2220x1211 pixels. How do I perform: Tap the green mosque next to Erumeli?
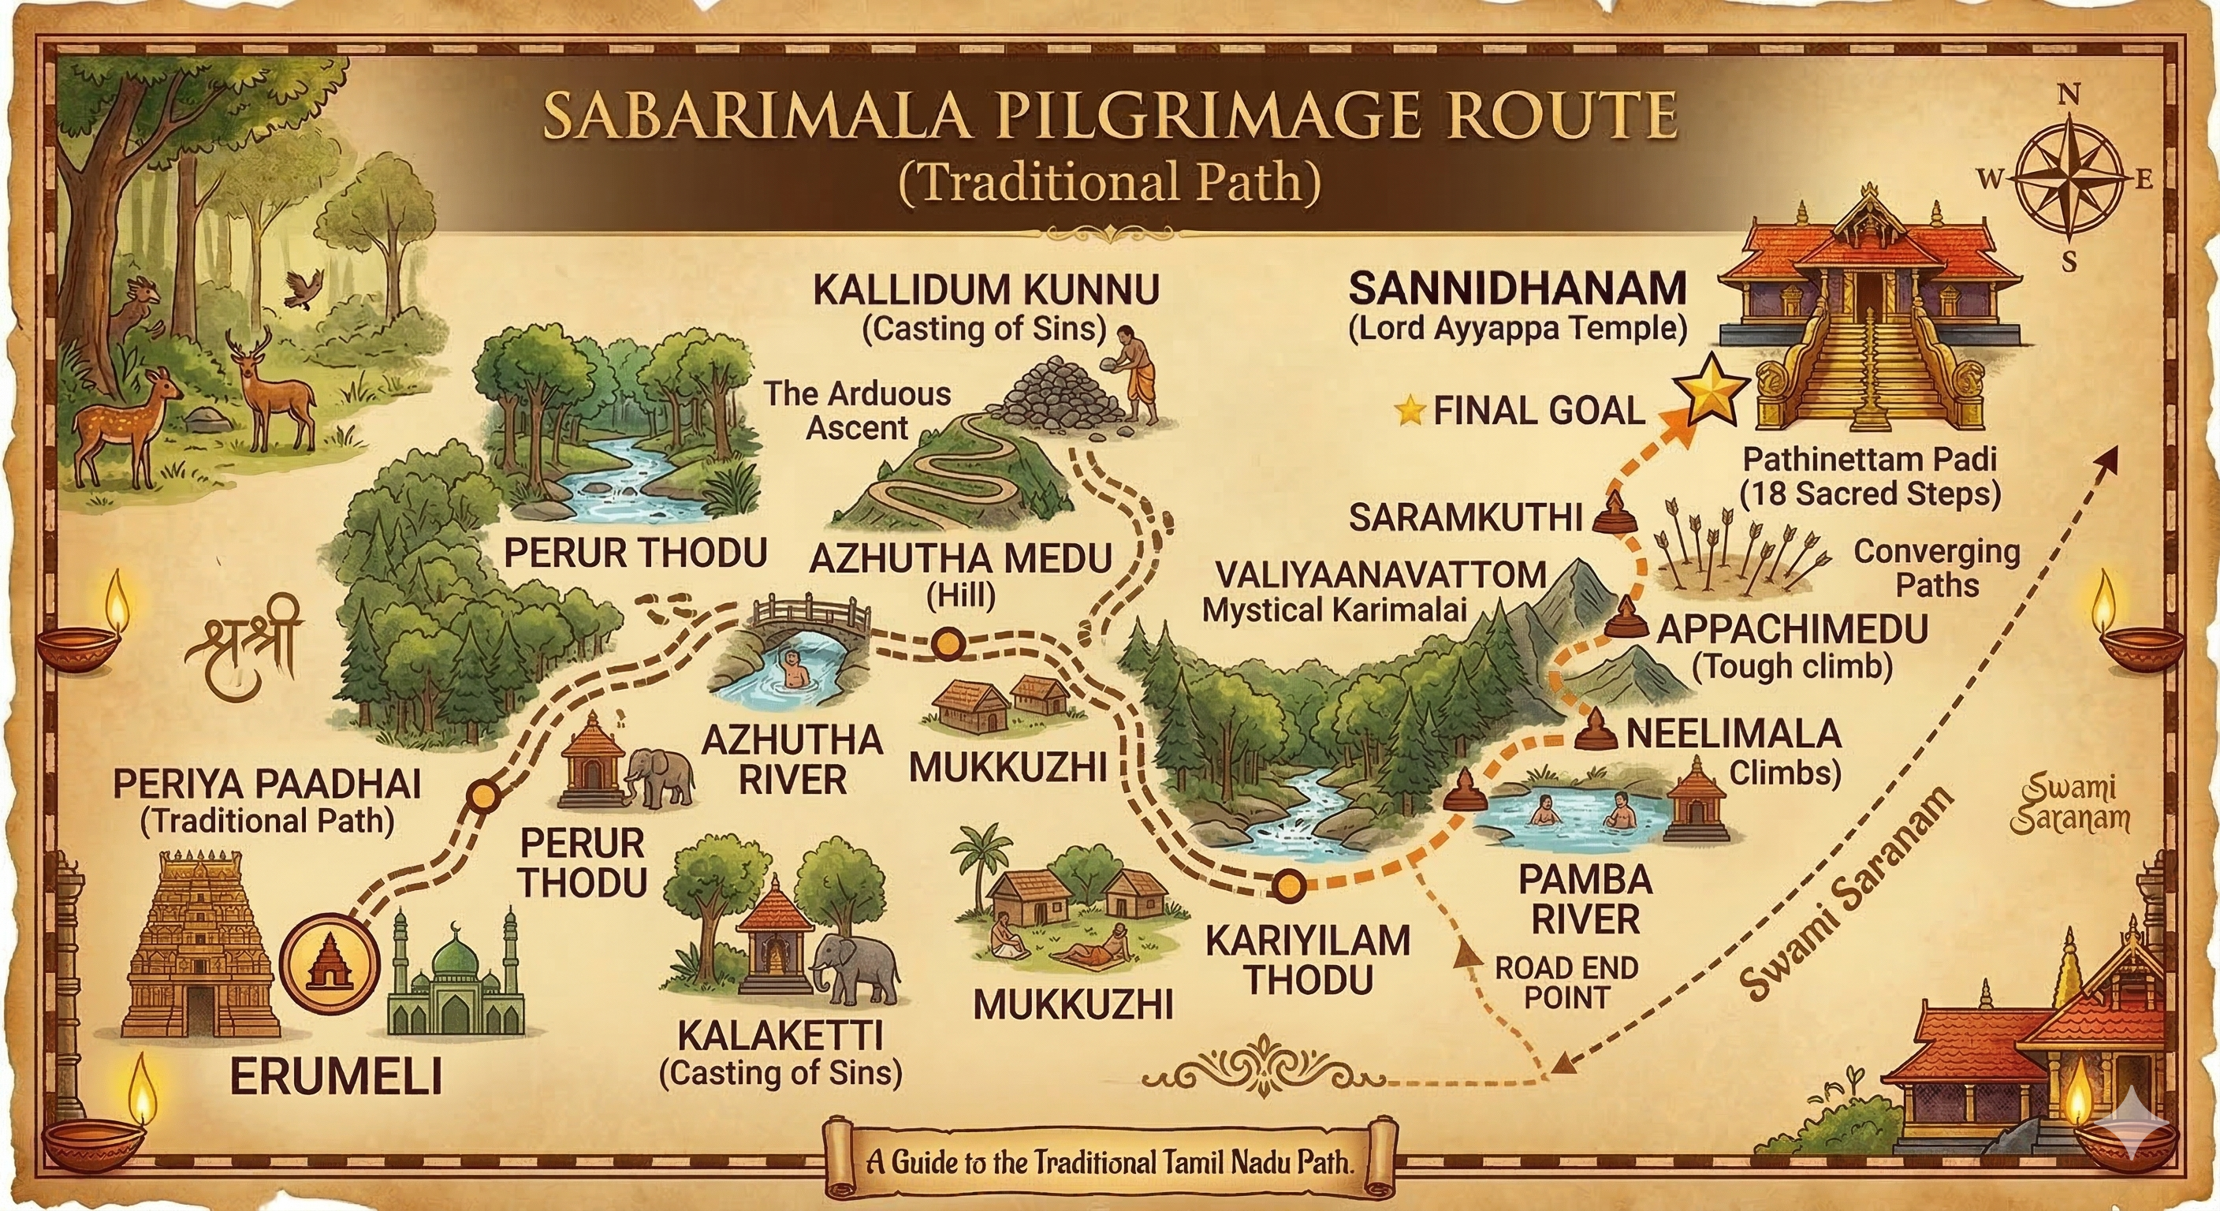pos(456,982)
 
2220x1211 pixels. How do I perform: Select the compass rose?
pos(2066,179)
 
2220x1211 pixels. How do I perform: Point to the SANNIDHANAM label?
pos(1517,289)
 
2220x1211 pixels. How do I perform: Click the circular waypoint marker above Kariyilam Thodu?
pos(1288,885)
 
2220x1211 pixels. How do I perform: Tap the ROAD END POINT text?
pos(1566,982)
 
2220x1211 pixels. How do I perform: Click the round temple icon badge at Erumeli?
pos(332,963)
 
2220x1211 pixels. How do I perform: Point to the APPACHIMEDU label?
pos(1793,629)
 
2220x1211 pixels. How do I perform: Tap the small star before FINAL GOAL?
pos(1411,411)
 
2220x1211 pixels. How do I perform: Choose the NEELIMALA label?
pos(1733,734)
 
